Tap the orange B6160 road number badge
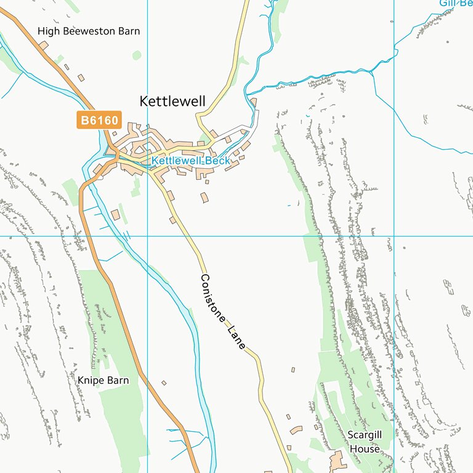point(99,120)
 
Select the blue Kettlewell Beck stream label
point(190,161)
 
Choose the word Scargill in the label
point(365,435)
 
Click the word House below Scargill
point(365,449)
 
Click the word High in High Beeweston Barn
point(49,31)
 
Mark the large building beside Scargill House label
point(338,460)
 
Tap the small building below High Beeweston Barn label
point(43,46)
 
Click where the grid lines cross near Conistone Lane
point(148,236)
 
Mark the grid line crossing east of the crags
point(394,236)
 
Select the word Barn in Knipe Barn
point(118,380)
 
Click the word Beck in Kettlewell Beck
point(218,161)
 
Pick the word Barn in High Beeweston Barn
point(129,31)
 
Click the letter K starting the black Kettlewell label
point(144,101)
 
